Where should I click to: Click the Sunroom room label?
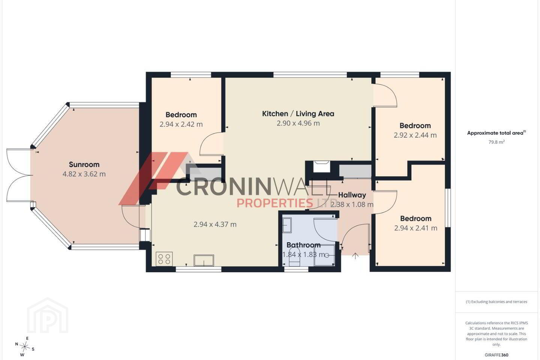point(84,165)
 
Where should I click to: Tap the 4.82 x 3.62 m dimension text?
point(84,174)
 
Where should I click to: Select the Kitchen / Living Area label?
point(298,114)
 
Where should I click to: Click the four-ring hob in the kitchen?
point(164,259)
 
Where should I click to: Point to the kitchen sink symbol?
point(204,260)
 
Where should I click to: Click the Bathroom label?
point(303,245)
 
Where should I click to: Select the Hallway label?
point(352,195)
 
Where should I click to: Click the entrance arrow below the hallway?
point(355,256)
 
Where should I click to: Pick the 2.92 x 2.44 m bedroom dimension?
point(415,135)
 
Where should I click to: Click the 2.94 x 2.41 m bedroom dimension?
point(415,228)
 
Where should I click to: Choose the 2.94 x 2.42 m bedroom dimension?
point(181,124)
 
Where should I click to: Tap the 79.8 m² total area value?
point(496,142)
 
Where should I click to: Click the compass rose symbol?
point(25,347)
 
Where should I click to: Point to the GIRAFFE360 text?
point(496,355)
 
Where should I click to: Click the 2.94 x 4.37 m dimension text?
point(215,224)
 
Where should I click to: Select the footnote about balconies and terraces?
point(496,301)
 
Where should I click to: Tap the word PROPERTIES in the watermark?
point(275,203)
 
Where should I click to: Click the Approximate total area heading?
point(496,133)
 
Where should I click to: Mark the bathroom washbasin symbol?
point(287,225)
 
